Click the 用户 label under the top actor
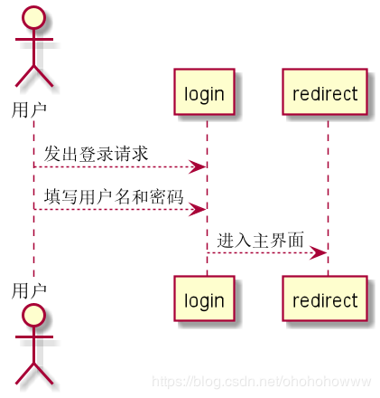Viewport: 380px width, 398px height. click(x=29, y=110)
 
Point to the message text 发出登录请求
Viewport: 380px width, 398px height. click(x=96, y=154)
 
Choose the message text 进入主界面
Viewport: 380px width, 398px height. click(x=260, y=239)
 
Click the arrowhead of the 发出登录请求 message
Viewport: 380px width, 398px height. click(x=197, y=166)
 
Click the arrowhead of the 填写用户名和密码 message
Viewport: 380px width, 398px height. click(x=197, y=209)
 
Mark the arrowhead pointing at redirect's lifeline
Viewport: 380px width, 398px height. click(x=318, y=252)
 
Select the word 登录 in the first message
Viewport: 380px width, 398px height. click(x=96, y=154)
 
